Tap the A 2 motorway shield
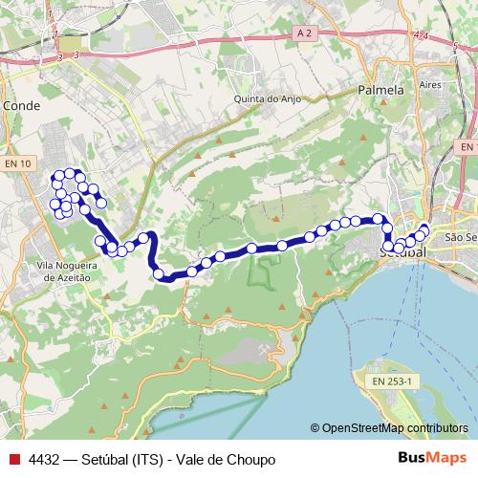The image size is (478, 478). point(304,33)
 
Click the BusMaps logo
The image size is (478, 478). point(431,458)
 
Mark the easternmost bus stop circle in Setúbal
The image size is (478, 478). point(424,228)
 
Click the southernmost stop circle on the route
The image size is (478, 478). point(159,274)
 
